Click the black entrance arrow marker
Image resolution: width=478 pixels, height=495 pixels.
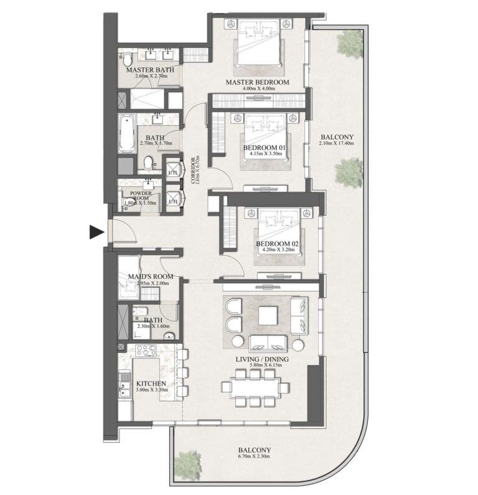click(x=95, y=232)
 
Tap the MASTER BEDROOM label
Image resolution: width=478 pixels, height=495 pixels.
click(x=257, y=82)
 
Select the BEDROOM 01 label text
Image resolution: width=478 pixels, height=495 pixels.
click(x=263, y=147)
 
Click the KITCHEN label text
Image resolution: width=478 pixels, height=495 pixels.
click(x=151, y=384)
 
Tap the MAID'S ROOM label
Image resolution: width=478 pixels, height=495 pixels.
click(x=150, y=276)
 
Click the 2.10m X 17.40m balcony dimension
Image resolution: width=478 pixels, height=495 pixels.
click(x=336, y=143)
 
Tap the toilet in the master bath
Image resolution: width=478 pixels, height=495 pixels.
click(x=127, y=60)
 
